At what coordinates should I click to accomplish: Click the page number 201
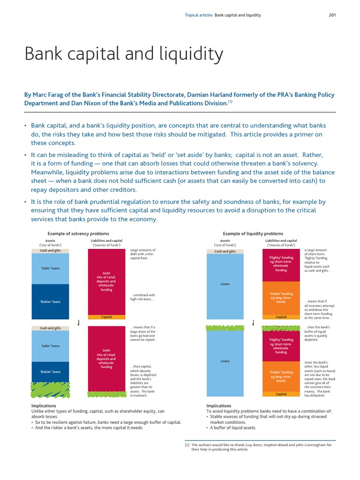(x=332, y=15)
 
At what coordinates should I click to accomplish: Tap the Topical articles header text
(x=199, y=15)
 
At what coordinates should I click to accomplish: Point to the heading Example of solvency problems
(x=78, y=233)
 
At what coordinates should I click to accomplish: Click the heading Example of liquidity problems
(x=253, y=233)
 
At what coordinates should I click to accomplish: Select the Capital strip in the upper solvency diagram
(x=106, y=317)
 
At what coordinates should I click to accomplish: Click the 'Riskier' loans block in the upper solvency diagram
(x=50, y=301)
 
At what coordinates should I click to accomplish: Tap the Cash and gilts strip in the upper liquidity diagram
(x=225, y=251)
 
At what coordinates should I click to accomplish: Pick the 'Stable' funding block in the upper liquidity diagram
(x=281, y=298)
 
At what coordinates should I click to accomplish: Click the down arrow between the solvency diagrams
(x=78, y=322)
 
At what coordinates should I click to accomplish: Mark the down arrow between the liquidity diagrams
(x=253, y=322)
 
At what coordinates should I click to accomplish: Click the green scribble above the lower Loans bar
(x=225, y=328)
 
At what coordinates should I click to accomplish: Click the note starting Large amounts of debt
(x=143, y=254)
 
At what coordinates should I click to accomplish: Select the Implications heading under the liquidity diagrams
(x=218, y=405)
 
